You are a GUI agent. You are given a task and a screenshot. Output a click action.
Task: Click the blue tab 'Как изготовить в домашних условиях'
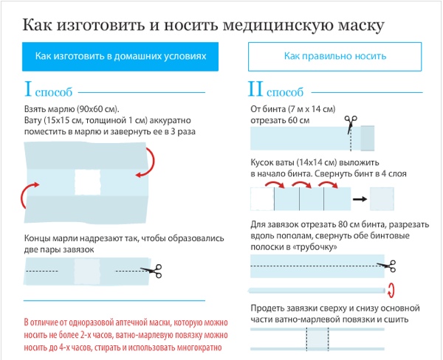[120, 57]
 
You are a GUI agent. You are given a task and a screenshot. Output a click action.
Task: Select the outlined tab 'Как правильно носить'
[334, 57]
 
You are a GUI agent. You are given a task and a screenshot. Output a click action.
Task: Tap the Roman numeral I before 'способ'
[28, 89]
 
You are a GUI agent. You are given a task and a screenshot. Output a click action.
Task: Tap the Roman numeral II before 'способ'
[255, 89]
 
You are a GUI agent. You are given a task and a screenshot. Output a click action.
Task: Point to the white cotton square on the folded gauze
[88, 182]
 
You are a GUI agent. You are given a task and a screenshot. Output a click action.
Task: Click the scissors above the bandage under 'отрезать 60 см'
[351, 123]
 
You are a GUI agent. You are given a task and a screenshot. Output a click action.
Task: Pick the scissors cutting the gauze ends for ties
[151, 271]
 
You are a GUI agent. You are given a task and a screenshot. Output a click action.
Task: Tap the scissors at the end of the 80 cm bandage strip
[387, 266]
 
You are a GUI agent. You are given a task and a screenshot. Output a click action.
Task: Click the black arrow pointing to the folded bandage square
[360, 199]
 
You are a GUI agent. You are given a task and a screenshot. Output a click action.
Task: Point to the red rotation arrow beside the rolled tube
[391, 290]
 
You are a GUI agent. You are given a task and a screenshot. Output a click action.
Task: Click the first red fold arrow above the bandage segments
[275, 184]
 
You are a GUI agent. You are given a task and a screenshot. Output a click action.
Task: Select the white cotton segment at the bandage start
[262, 199]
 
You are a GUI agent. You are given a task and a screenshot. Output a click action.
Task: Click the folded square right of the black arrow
[382, 199]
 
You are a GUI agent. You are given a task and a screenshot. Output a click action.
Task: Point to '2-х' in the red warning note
[86, 335]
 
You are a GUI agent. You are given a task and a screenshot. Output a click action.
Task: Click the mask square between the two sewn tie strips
[317, 339]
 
